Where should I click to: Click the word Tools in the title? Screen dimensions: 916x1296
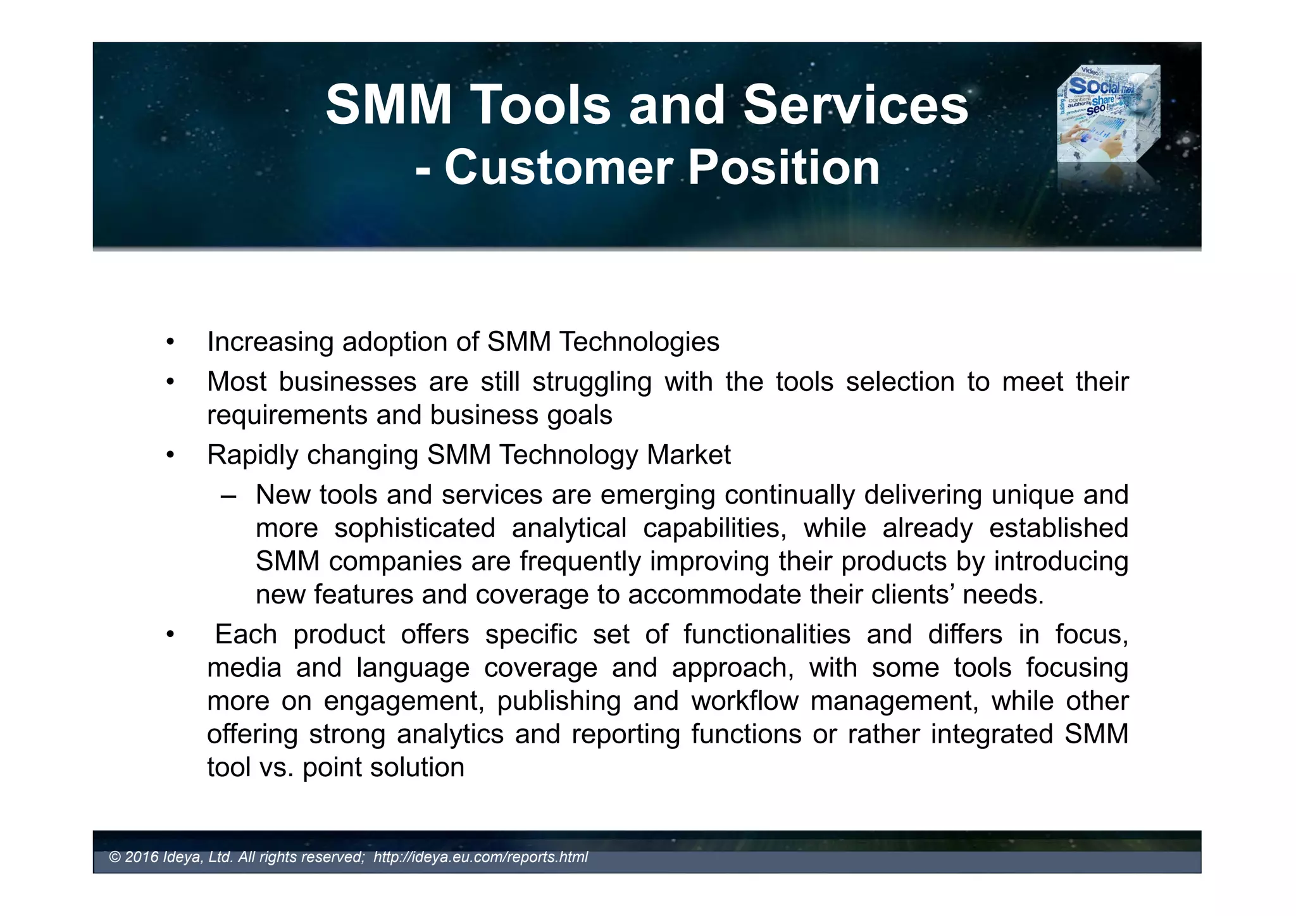tap(541, 105)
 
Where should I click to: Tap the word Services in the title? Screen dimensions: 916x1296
tap(855, 105)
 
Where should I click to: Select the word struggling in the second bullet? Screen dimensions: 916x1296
tap(592, 382)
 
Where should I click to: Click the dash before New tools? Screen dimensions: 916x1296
tap(228, 495)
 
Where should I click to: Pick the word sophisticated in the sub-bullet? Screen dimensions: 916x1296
tap(414, 529)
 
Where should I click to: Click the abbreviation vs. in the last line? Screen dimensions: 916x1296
tap(277, 768)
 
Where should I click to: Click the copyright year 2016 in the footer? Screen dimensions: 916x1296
tap(142, 857)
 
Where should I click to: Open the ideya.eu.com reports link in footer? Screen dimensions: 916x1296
tap(480, 857)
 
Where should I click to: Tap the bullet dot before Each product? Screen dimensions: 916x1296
tap(170, 635)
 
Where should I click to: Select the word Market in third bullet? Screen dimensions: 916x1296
tap(688, 455)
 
